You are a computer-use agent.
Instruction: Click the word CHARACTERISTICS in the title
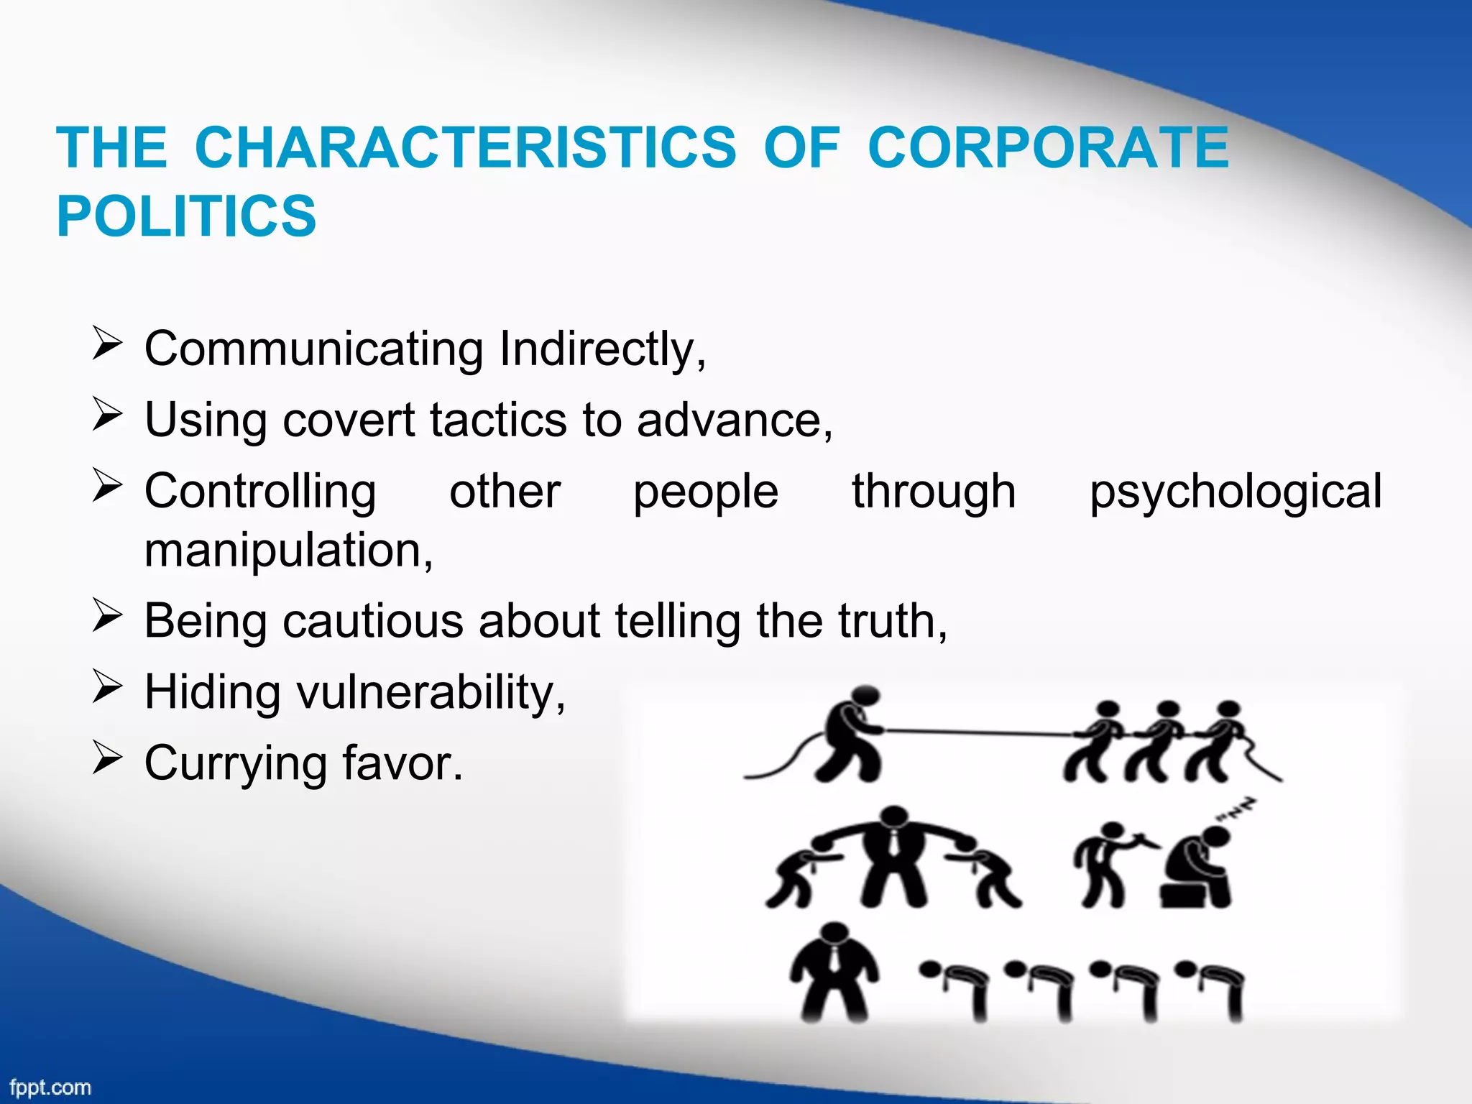(465, 148)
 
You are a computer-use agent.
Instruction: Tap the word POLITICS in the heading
(186, 216)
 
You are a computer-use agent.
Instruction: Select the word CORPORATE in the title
(1048, 148)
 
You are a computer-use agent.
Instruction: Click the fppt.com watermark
(50, 1087)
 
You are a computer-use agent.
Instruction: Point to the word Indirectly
(602, 349)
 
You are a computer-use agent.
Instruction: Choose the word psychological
(1235, 493)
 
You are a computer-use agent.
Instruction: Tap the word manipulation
(288, 551)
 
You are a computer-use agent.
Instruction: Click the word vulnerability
(431, 693)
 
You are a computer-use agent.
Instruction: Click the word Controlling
(260, 492)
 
